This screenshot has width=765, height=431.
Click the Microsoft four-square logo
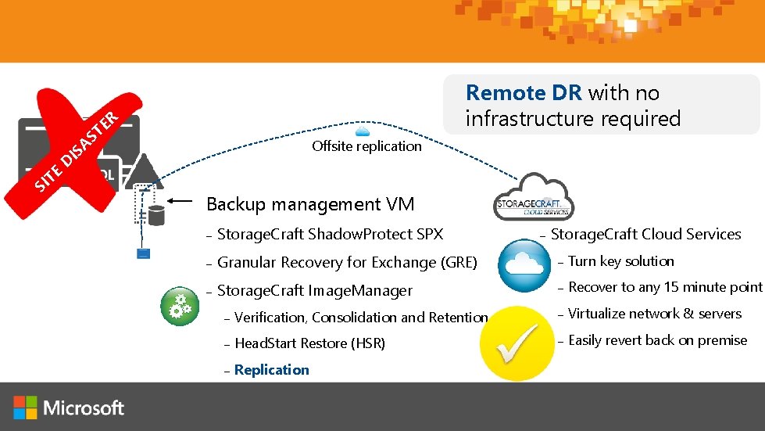pyautogui.click(x=25, y=408)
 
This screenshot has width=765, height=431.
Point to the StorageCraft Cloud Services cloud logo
pyautogui.click(x=534, y=200)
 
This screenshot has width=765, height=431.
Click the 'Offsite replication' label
pyautogui.click(x=366, y=146)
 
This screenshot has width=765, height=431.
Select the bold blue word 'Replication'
pyautogui.click(x=271, y=370)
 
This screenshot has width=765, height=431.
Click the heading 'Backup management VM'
pyautogui.click(x=310, y=205)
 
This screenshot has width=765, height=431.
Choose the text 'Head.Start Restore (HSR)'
pyautogui.click(x=309, y=343)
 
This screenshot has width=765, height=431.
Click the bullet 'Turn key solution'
pyautogui.click(x=620, y=261)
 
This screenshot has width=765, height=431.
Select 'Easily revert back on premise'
pyautogui.click(x=657, y=340)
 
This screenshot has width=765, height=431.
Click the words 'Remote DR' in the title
pyautogui.click(x=524, y=93)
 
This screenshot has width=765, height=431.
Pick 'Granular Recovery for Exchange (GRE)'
pyautogui.click(x=347, y=263)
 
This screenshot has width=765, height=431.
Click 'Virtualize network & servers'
pyautogui.click(x=655, y=314)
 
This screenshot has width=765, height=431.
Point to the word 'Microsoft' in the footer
pyautogui.click(x=84, y=408)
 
